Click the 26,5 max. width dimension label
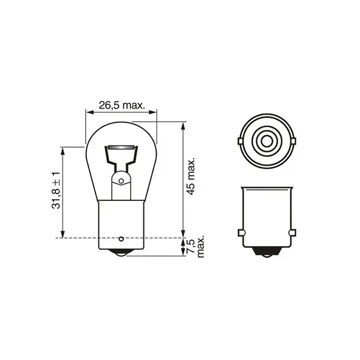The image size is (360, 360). click(122, 104)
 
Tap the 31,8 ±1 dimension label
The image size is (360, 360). click(56, 191)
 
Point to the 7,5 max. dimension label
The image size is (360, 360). click(197, 247)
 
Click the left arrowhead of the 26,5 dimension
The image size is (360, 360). click(89, 112)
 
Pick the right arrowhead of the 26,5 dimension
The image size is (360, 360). click(153, 112)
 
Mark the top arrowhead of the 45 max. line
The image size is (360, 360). click(183, 125)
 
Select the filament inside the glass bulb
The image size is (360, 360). click(121, 147)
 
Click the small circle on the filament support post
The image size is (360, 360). click(121, 180)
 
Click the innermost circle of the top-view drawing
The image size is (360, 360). click(266, 142)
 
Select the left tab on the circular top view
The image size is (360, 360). click(239, 142)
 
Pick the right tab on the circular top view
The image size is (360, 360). click(293, 142)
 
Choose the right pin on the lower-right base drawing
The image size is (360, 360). click(292, 232)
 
